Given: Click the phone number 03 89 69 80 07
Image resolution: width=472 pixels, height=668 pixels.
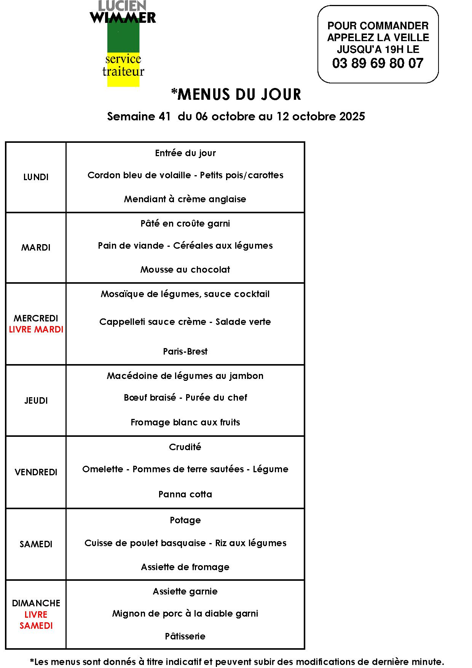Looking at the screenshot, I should tap(378, 63).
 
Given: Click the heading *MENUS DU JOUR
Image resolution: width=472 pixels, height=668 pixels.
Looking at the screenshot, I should tap(236, 94).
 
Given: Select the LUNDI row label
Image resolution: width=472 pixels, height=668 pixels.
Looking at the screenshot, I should tap(36, 177).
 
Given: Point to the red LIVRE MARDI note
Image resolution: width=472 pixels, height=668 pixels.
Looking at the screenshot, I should tap(36, 329).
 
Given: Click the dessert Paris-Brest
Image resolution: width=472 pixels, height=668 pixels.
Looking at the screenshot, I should tap(185, 351).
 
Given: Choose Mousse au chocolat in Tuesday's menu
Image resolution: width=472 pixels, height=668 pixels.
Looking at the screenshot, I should tap(185, 270).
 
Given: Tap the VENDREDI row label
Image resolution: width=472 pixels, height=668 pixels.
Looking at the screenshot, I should tap(36, 472).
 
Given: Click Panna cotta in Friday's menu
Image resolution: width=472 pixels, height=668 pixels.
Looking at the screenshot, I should tap(185, 494).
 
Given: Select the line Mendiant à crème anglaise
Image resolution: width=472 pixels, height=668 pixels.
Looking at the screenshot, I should tap(185, 199).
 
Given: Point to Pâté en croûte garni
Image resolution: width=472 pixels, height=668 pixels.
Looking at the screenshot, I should tap(185, 224).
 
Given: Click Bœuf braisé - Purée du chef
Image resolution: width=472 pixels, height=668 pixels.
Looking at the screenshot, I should tap(185, 398).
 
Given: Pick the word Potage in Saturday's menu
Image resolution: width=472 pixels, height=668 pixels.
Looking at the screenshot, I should tap(185, 520).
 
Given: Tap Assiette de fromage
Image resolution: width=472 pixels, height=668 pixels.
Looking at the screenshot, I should tap(185, 567).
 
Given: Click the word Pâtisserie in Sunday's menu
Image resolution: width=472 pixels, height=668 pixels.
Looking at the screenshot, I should tap(185, 636).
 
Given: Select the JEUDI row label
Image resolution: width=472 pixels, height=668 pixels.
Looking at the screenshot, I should tap(36, 401).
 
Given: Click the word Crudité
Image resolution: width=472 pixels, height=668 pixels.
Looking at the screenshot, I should tap(185, 447).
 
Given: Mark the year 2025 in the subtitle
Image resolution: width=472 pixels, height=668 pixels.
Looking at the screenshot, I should tap(352, 116).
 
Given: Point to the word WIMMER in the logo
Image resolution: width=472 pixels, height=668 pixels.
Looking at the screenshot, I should tap(123, 18).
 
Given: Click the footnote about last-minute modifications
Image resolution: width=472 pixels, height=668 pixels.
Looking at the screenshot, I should tap(237, 662).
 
